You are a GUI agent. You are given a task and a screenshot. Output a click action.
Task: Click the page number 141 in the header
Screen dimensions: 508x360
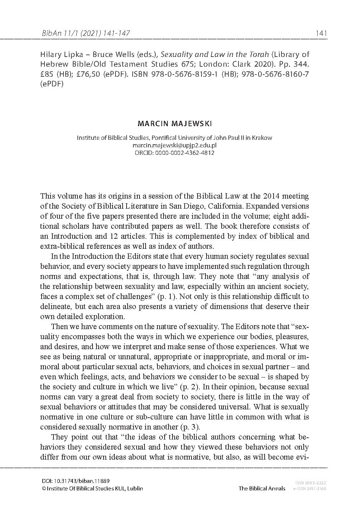321,33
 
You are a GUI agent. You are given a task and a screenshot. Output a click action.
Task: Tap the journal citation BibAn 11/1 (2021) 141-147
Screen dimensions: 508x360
86,33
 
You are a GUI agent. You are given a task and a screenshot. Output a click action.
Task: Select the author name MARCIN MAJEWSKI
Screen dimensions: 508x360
175,124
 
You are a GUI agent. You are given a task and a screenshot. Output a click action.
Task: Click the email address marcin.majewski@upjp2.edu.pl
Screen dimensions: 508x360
175,145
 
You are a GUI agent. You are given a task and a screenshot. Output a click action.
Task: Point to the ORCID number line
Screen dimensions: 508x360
175,153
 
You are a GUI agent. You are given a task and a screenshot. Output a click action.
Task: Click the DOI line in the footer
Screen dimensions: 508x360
76,481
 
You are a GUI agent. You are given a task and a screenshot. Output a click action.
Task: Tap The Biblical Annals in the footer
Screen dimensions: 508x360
262,488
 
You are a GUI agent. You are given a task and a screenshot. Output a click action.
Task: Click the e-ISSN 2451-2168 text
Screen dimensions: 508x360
309,489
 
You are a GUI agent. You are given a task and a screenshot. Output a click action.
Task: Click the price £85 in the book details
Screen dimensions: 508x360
46,74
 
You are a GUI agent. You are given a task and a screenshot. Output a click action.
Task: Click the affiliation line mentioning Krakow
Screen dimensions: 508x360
175,138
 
